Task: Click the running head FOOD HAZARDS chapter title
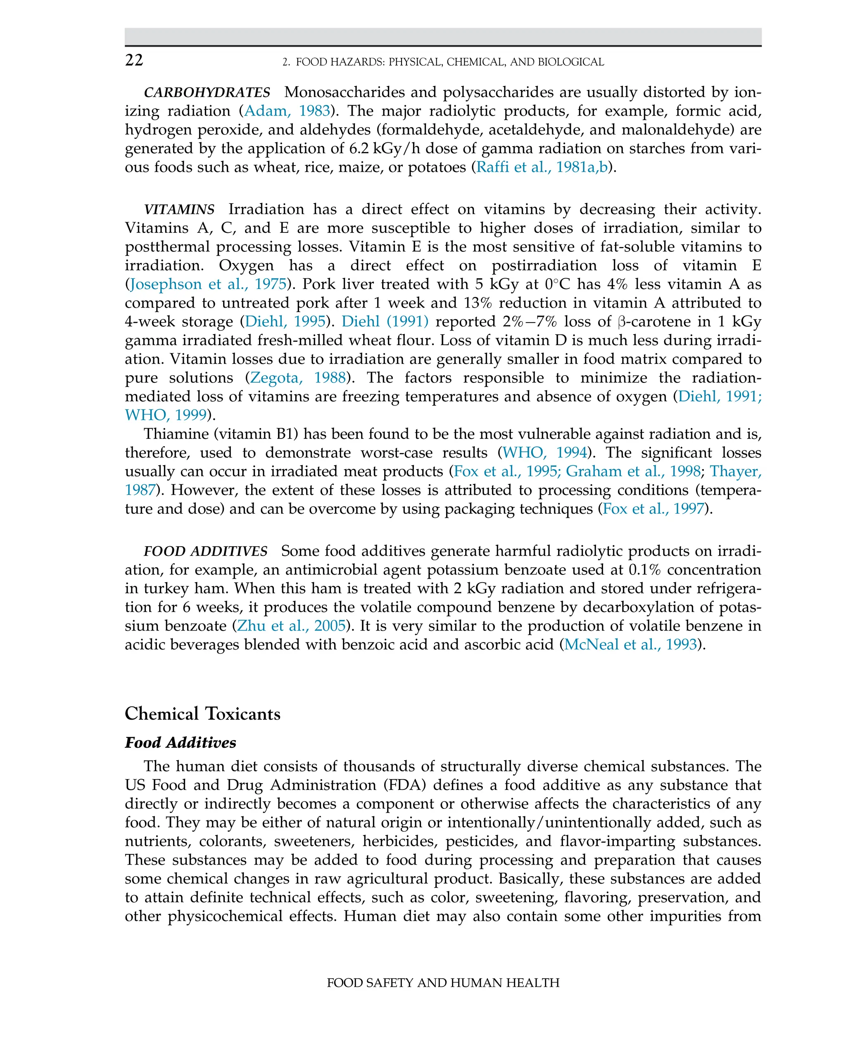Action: pyautogui.click(x=444, y=62)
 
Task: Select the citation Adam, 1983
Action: pyautogui.click(x=287, y=111)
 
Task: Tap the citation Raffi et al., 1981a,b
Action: pyautogui.click(x=542, y=167)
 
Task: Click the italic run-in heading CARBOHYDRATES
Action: pyautogui.click(x=207, y=92)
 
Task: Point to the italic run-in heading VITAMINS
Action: pyautogui.click(x=179, y=209)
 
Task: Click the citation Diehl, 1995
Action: pyautogui.click(x=285, y=322)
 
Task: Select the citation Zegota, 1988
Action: pyautogui.click(x=298, y=378)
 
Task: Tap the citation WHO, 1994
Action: pyautogui.click(x=544, y=453)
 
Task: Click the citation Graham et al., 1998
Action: pyautogui.click(x=633, y=472)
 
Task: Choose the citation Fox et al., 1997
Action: pyautogui.click(x=654, y=509)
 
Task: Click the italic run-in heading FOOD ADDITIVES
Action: pyautogui.click(x=205, y=552)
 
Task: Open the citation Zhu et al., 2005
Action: pyautogui.click(x=291, y=626)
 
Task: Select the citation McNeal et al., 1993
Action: pyautogui.click(x=630, y=645)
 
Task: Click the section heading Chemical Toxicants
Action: pyautogui.click(x=202, y=714)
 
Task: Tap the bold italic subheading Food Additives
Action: pyautogui.click(x=180, y=743)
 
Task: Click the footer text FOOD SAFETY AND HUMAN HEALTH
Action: pyautogui.click(x=442, y=983)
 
